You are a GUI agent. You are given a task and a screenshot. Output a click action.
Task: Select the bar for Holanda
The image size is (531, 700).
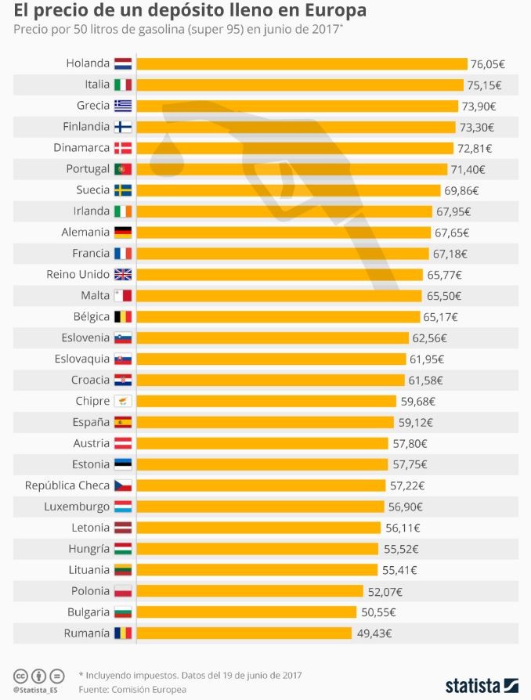(302, 63)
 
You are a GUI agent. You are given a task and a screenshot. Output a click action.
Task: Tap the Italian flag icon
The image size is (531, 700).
(123, 85)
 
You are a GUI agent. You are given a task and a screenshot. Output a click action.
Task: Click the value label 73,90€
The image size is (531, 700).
(479, 106)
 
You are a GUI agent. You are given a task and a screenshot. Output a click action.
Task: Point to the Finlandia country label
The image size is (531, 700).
(86, 127)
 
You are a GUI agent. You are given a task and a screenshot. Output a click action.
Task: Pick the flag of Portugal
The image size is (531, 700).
(123, 169)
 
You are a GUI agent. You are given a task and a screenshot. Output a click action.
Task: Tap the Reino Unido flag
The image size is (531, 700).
(123, 275)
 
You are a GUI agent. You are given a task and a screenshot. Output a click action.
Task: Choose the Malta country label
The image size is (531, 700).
(95, 296)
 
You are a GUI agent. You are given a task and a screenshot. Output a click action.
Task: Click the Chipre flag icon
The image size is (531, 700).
(123, 402)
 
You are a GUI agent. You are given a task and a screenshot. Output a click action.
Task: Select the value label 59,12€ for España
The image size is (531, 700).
(417, 422)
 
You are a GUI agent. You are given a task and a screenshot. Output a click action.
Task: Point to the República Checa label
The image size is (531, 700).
(67, 485)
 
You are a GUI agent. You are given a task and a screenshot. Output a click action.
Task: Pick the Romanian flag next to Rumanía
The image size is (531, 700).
(123, 633)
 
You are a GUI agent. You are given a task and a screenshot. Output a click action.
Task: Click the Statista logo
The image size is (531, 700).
(482, 684)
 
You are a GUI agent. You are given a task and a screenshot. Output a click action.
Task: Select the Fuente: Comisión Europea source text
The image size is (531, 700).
(132, 689)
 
